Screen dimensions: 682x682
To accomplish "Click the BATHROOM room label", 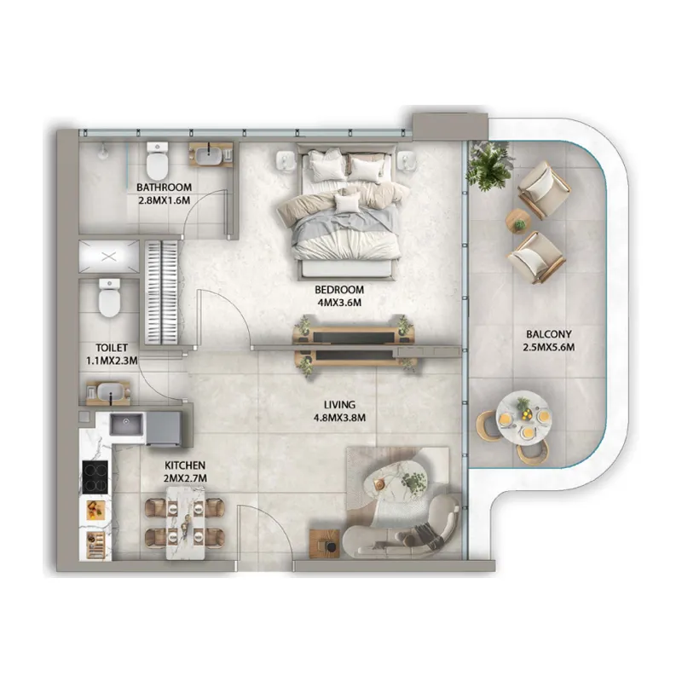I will pyautogui.click(x=164, y=188).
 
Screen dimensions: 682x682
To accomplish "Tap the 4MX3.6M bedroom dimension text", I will pyautogui.click(x=339, y=302).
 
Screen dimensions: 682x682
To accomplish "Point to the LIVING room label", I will pyautogui.click(x=339, y=405).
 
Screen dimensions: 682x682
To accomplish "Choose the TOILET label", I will pyautogui.click(x=112, y=348).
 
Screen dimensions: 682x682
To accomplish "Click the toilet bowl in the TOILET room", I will pyautogui.click(x=107, y=298).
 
